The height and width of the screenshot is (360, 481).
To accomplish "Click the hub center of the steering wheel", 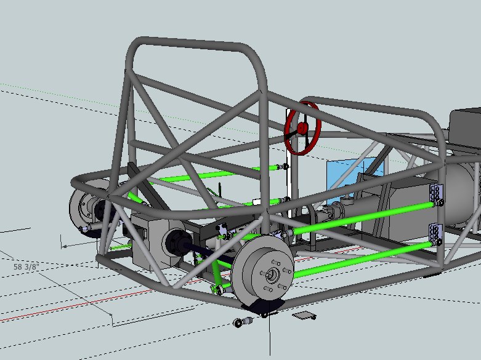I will [302, 128].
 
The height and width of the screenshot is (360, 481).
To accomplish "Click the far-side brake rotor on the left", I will [83, 209].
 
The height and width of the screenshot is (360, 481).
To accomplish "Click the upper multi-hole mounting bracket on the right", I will [438, 194].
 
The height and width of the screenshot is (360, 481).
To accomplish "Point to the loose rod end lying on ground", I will [244, 321].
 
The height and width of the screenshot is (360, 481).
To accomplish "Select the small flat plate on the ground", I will [303, 316].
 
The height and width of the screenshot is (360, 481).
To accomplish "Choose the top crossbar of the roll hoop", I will [191, 46].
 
